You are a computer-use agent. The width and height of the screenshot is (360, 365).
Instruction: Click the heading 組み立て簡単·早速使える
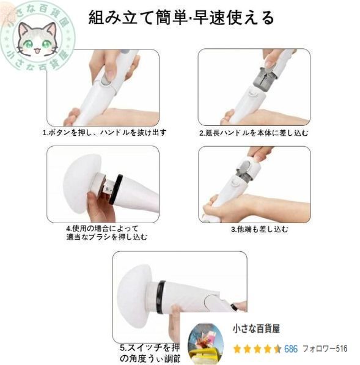pos(181,17)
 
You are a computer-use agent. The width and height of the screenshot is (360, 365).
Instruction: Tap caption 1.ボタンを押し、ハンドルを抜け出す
pos(104,132)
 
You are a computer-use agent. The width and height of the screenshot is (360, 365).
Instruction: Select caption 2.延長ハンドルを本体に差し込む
pos(254,132)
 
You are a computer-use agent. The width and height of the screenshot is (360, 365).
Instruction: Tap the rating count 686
pos(291,349)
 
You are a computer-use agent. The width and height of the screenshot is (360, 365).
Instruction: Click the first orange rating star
pos(237,349)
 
